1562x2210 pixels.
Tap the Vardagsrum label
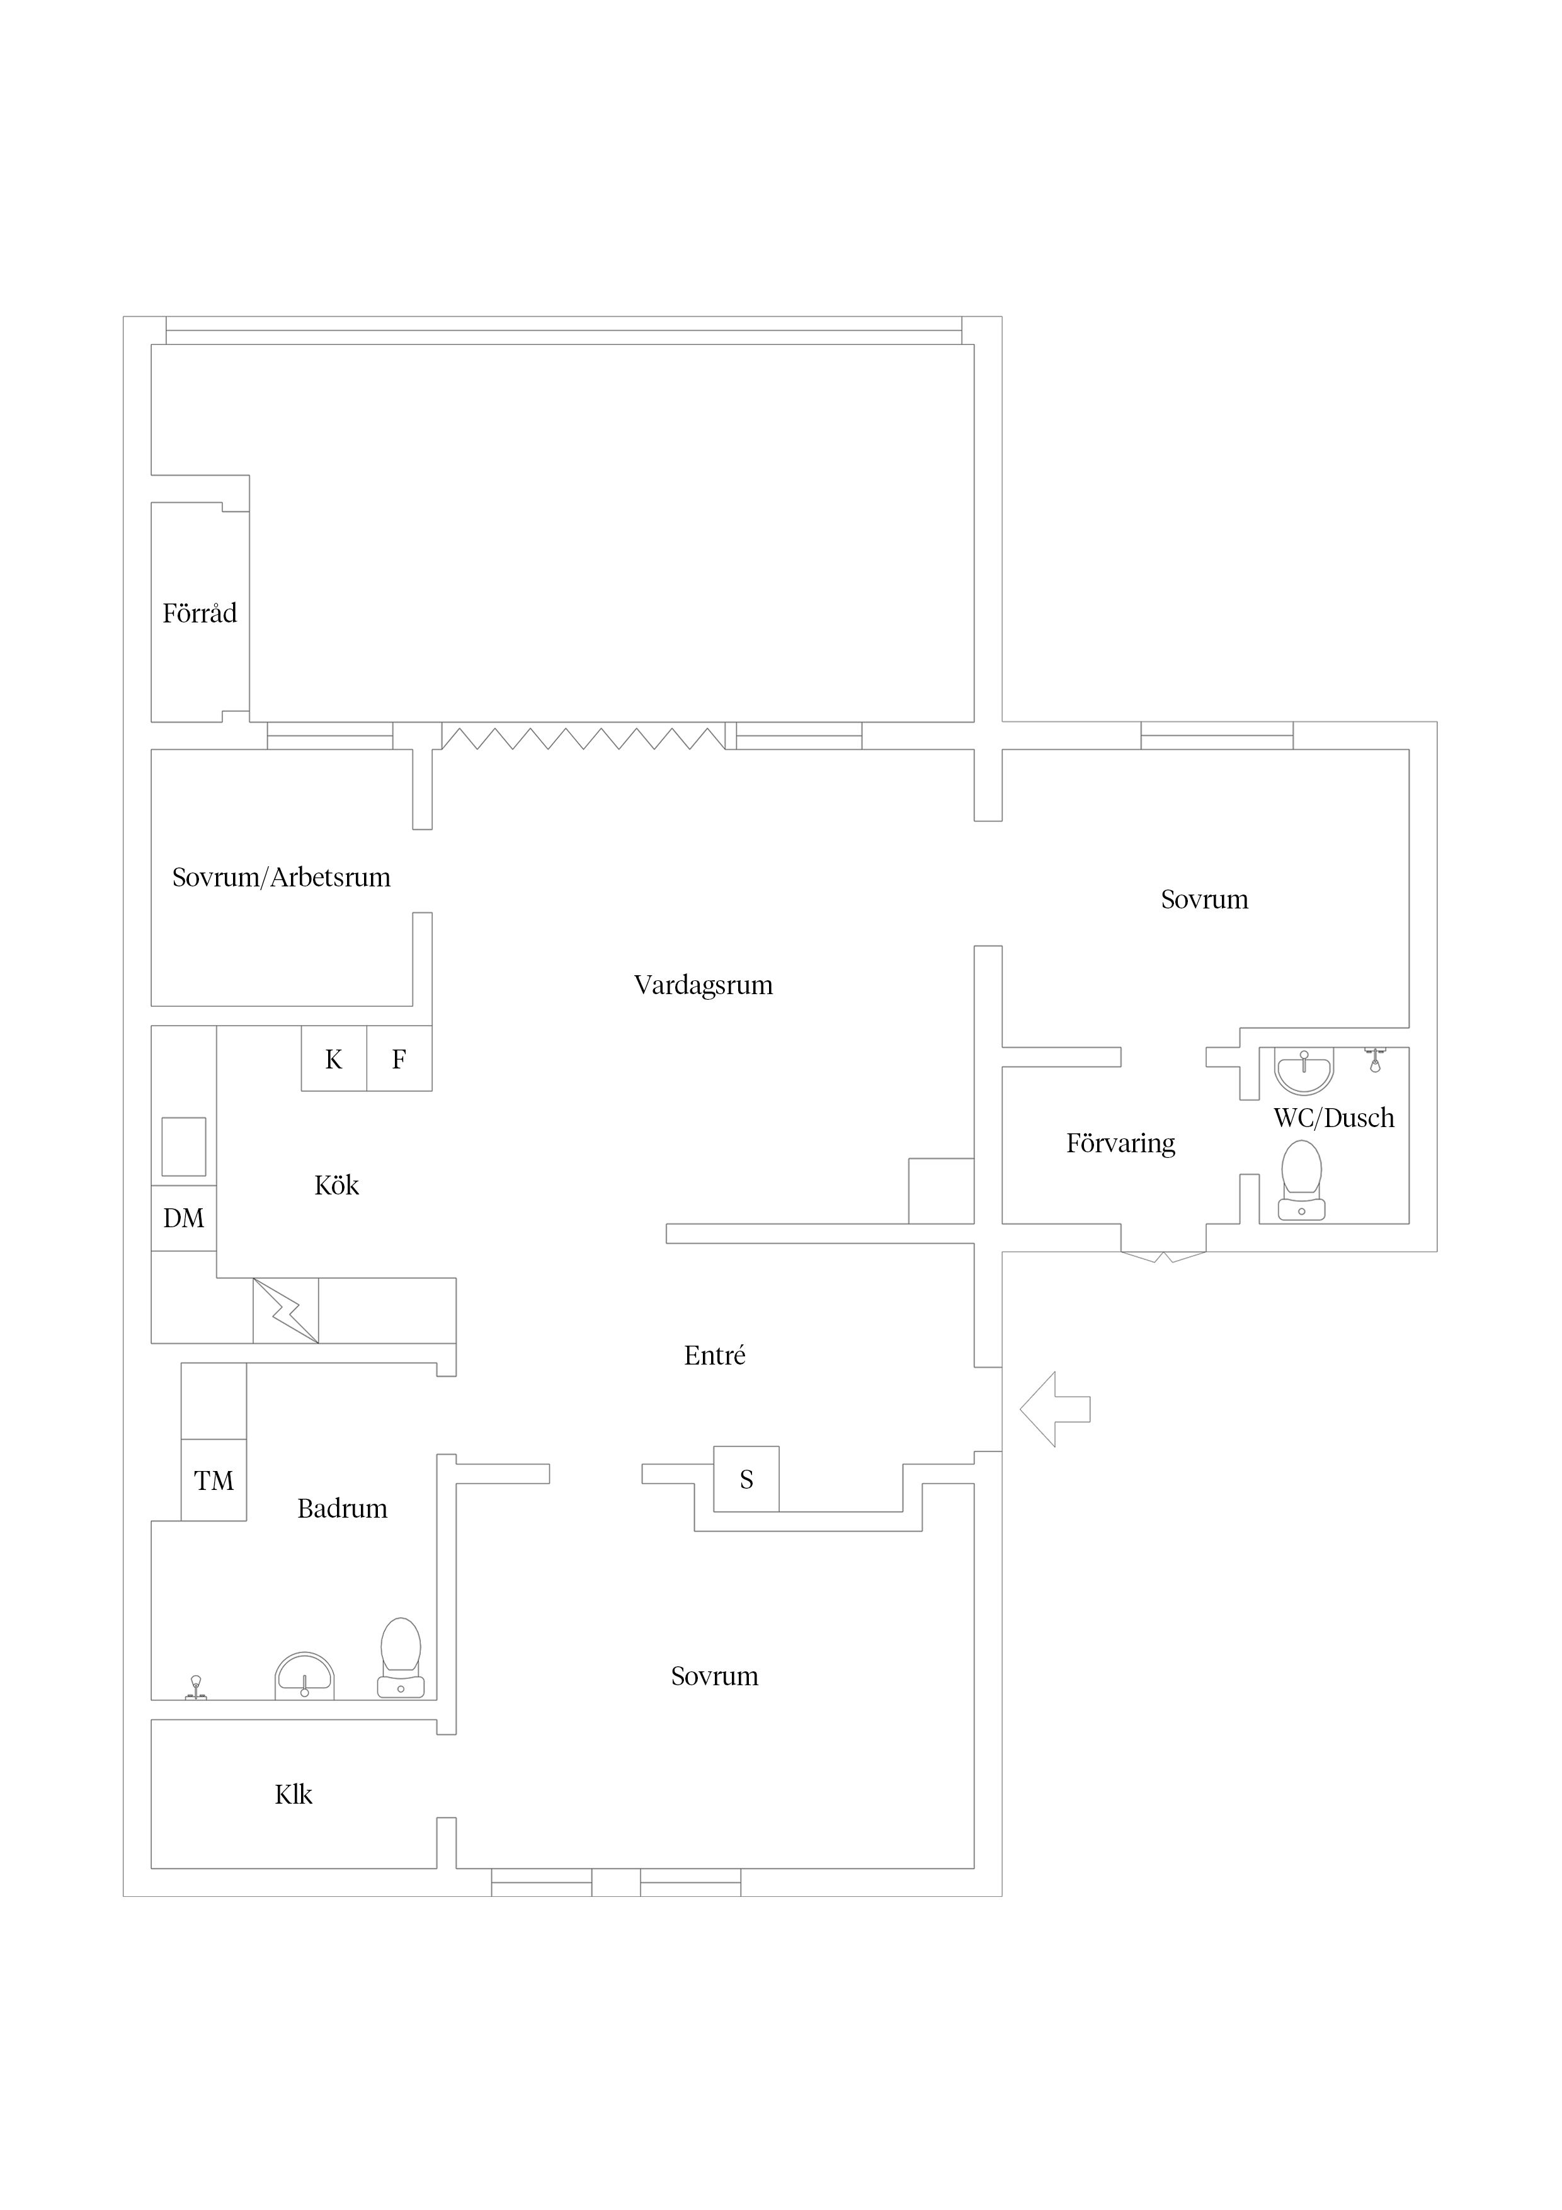coord(704,986)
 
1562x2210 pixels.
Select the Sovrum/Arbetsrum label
coord(281,878)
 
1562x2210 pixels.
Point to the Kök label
coord(337,1185)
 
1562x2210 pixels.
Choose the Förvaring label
coord(1121,1145)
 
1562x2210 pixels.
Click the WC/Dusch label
coord(1334,1118)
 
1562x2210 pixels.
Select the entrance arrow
coord(1055,1409)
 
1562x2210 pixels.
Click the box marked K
coord(334,1059)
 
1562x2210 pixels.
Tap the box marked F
coord(399,1059)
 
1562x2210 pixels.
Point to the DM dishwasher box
coord(184,1218)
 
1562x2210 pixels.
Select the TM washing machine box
coord(214,1480)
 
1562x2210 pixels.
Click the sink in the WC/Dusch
coord(1304,1072)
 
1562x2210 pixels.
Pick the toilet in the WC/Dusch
coord(1301,1181)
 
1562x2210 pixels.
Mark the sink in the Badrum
coord(304,1676)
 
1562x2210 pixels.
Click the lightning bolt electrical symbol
coord(286,1311)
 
